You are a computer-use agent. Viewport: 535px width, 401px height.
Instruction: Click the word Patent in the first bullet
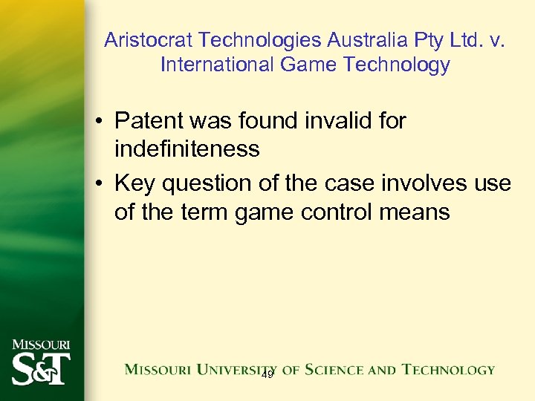[x=153, y=120]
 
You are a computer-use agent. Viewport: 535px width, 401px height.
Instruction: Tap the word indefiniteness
[x=187, y=149]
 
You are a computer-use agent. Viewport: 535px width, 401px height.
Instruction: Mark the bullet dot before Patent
[x=99, y=121]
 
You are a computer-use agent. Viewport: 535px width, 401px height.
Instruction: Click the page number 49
[x=267, y=375]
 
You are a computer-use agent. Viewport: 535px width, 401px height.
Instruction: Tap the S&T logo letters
[x=41, y=368]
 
